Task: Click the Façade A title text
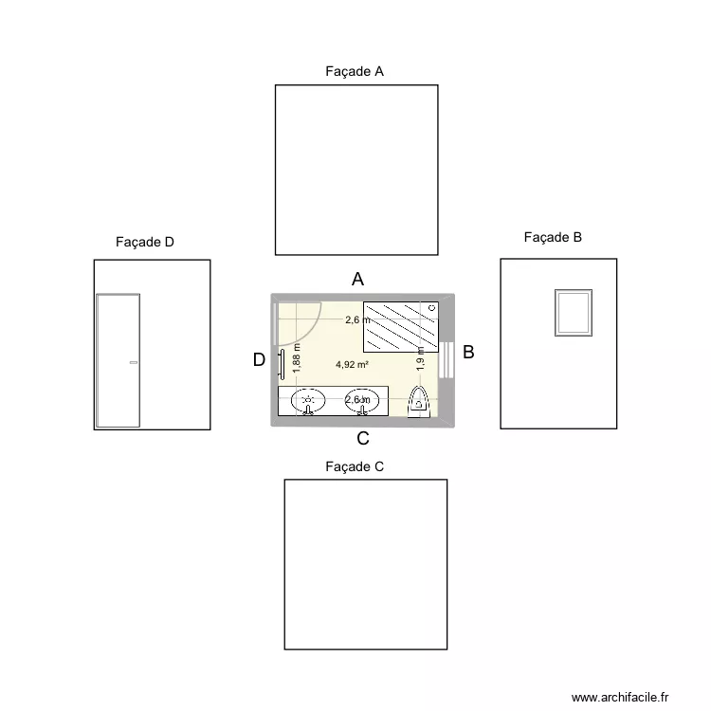point(354,71)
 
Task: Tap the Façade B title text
point(553,238)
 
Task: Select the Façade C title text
point(354,466)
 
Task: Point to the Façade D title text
point(145,243)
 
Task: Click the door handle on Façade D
point(134,363)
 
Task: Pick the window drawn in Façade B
point(574,312)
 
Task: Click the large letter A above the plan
point(358,279)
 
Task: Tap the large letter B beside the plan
point(468,353)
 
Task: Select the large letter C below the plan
point(363,439)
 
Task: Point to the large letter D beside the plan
point(259,360)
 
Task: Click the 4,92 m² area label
point(352,364)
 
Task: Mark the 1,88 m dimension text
point(296,356)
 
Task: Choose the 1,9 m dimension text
point(420,357)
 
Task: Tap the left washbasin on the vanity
point(307,401)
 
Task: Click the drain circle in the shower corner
point(432,308)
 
